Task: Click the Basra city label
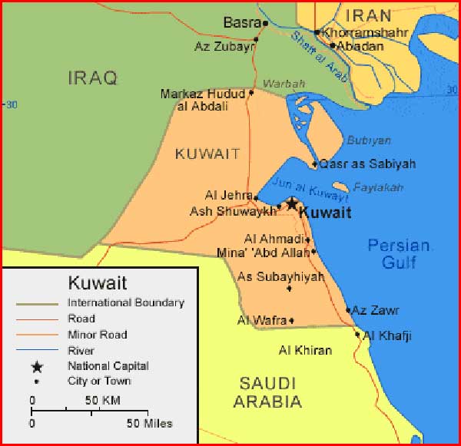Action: point(240,22)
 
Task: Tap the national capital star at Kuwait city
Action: point(292,203)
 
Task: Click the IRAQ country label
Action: point(92,78)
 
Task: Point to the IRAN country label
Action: point(368,15)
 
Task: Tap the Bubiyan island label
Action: point(369,140)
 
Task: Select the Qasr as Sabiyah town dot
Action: point(315,164)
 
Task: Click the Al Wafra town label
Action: point(261,320)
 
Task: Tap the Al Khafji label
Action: point(387,335)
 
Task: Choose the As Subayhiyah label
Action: point(280,276)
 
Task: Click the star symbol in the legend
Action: point(37,367)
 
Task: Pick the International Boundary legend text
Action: point(126,302)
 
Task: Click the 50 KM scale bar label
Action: point(102,401)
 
